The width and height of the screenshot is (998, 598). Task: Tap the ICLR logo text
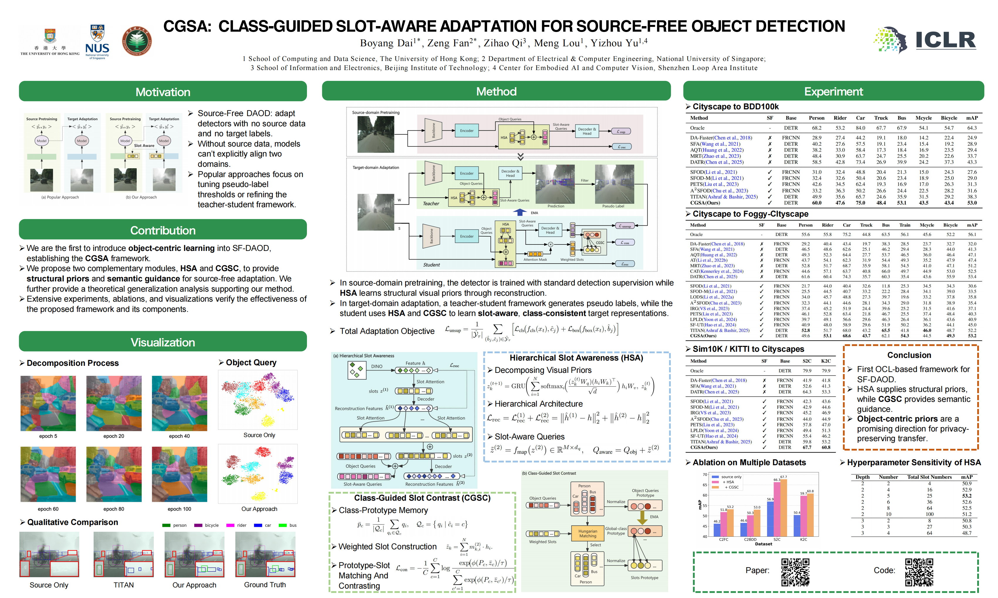tap(945, 40)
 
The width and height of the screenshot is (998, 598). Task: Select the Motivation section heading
tap(163, 92)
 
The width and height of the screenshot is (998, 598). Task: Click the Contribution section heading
tap(163, 230)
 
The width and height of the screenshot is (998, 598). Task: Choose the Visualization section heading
tap(163, 342)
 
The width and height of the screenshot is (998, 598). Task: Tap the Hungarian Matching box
tap(587, 534)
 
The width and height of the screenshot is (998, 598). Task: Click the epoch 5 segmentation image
tap(48, 403)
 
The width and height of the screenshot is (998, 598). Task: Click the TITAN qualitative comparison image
tap(124, 554)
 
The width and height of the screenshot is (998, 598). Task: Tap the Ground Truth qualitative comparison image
tap(265, 554)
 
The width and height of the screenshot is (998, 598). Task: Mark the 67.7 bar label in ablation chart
tap(783, 477)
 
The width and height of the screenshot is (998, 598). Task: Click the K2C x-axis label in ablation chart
tap(803, 539)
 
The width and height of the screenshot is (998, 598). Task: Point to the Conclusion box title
tap(909, 355)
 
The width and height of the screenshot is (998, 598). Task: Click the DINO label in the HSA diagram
tap(377, 366)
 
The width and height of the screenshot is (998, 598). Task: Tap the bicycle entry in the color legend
tap(211, 525)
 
